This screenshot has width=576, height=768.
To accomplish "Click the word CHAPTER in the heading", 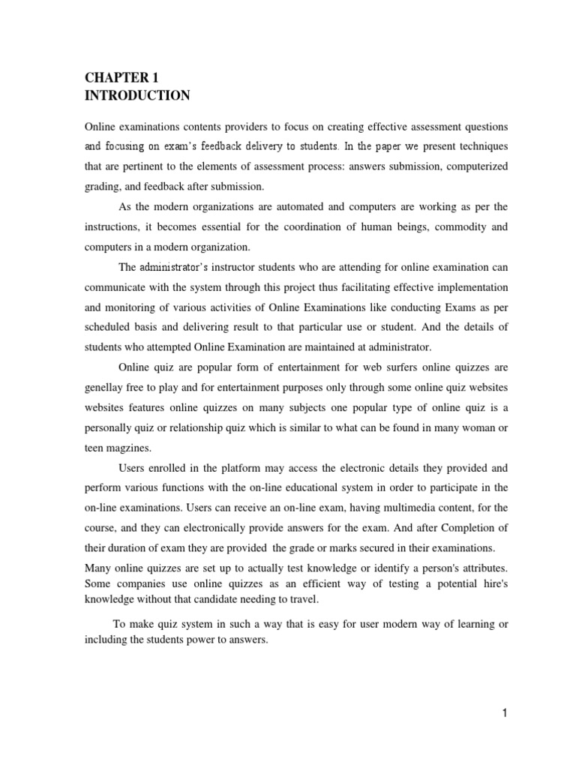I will click(109, 77).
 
